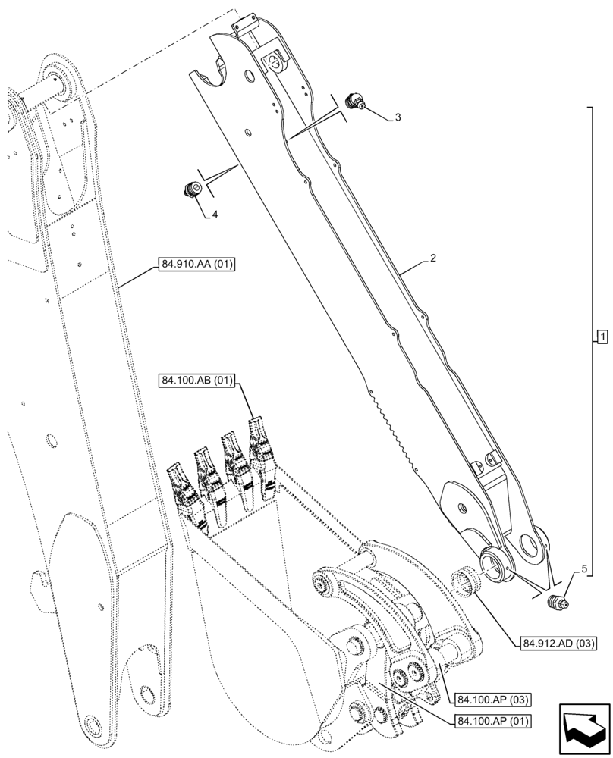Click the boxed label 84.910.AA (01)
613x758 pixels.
click(x=198, y=265)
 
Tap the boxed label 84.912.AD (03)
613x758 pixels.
click(x=558, y=644)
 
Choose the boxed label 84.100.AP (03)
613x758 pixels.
click(x=492, y=698)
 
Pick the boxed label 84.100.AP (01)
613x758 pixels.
click(x=492, y=719)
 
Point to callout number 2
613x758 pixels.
click(x=432, y=258)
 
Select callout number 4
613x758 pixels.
click(x=215, y=215)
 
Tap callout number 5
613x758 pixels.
click(x=583, y=567)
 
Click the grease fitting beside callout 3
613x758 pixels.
click(x=354, y=102)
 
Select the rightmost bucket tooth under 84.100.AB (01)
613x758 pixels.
click(x=262, y=447)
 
